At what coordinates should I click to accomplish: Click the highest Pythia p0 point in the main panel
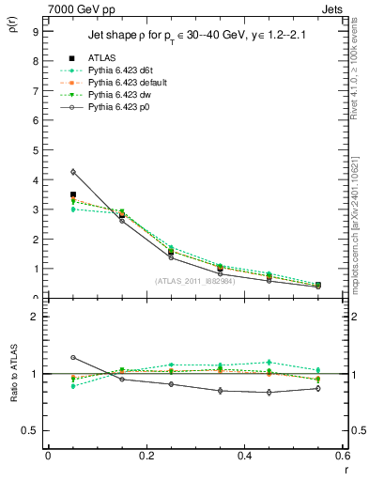(x=73, y=172)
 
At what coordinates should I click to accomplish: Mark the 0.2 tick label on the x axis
(x=146, y=456)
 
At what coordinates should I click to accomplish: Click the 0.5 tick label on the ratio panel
(x=29, y=430)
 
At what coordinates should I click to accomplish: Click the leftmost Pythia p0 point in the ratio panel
(x=73, y=358)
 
